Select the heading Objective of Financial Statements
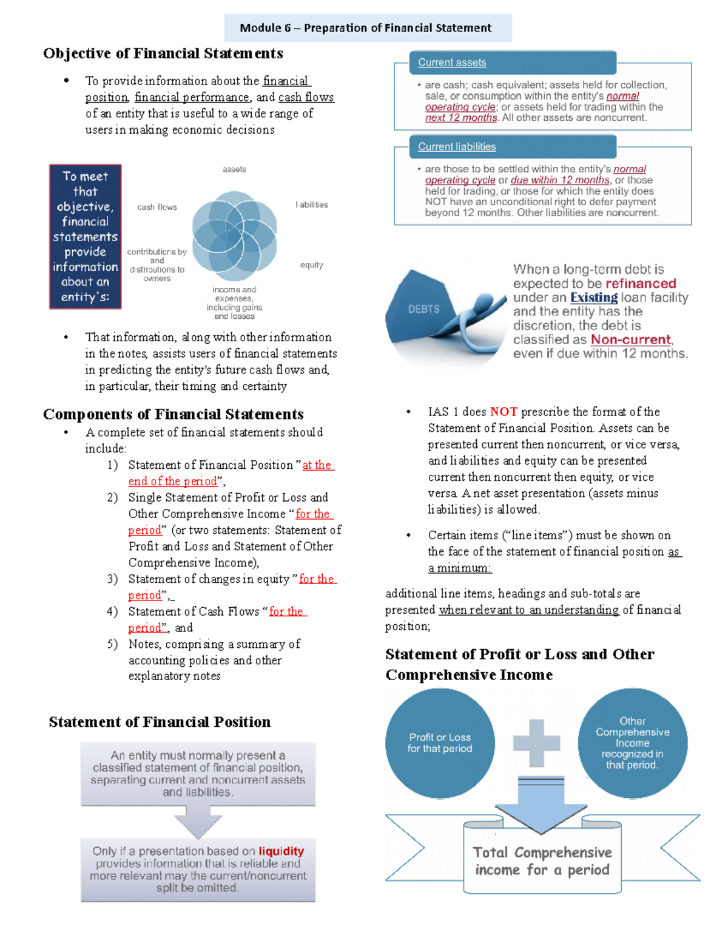click(163, 53)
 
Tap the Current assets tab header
click(452, 63)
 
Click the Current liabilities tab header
click(457, 147)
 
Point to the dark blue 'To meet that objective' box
click(86, 236)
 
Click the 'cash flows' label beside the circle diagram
click(157, 207)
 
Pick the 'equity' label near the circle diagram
click(311, 265)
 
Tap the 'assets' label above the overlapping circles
click(234, 169)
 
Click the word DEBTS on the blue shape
click(423, 309)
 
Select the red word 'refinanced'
click(640, 284)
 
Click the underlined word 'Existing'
click(593, 298)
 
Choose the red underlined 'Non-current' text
click(631, 339)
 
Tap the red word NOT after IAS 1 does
click(504, 412)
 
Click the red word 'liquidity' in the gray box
click(281, 851)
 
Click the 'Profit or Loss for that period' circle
click(440, 743)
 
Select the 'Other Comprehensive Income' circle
click(632, 743)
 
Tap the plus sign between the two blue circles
click(536, 743)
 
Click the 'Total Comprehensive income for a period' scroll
click(542, 861)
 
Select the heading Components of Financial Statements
click(173, 414)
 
